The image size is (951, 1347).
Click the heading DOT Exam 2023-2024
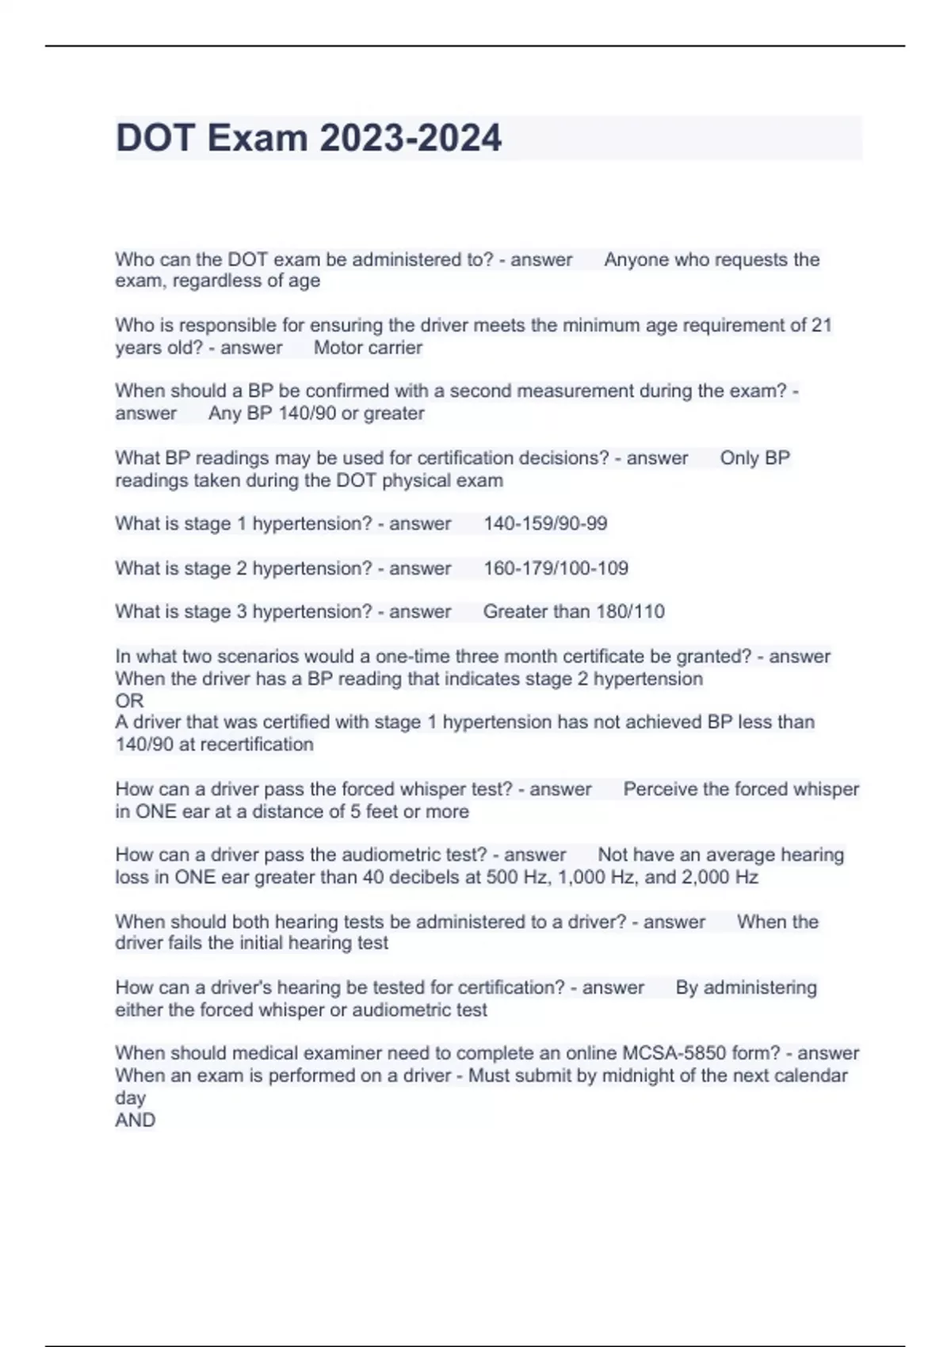[x=308, y=138]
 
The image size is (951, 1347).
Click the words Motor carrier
[x=368, y=347]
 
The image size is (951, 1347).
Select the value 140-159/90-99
[x=545, y=524]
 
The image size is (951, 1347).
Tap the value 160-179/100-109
[x=556, y=568]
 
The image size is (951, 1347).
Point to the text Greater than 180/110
[x=574, y=612]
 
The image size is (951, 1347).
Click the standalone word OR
[x=129, y=700]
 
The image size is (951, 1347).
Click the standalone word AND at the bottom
[x=135, y=1120]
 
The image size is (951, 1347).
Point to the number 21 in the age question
[x=821, y=325]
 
